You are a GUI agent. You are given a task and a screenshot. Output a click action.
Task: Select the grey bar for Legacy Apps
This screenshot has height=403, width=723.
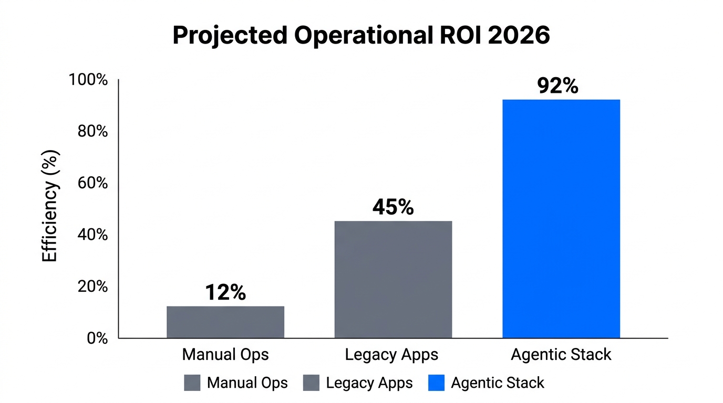[x=393, y=279]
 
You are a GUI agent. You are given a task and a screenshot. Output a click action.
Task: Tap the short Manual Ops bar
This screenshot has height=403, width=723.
[x=225, y=322]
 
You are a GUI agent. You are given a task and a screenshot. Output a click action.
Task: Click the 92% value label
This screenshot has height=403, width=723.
[x=557, y=86]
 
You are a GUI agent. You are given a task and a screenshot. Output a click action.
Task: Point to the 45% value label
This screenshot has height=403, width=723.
[x=393, y=207]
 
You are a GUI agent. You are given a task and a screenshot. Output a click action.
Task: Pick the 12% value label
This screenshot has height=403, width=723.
[x=225, y=293]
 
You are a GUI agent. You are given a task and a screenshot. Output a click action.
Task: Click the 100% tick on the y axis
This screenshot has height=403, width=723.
[x=88, y=80]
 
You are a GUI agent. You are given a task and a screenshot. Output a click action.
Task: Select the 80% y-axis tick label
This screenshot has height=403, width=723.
[x=92, y=132]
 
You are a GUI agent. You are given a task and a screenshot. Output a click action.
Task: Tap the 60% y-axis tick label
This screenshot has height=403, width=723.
[x=92, y=184]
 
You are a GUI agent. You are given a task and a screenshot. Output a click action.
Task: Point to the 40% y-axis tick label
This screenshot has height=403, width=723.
[x=92, y=235]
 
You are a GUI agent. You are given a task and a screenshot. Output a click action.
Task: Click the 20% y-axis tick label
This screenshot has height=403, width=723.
[x=92, y=287]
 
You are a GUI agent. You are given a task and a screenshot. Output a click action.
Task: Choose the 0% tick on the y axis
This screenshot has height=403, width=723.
[x=97, y=338]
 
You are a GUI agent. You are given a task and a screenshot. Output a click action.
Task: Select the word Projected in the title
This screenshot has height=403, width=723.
[x=230, y=36]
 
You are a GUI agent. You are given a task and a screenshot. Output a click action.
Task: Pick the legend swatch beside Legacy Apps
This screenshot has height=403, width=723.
[x=311, y=383]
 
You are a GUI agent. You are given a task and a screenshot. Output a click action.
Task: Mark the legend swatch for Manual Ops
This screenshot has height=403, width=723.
[x=192, y=383]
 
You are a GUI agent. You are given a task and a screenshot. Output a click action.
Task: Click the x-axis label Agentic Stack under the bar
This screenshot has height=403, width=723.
[x=561, y=355]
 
